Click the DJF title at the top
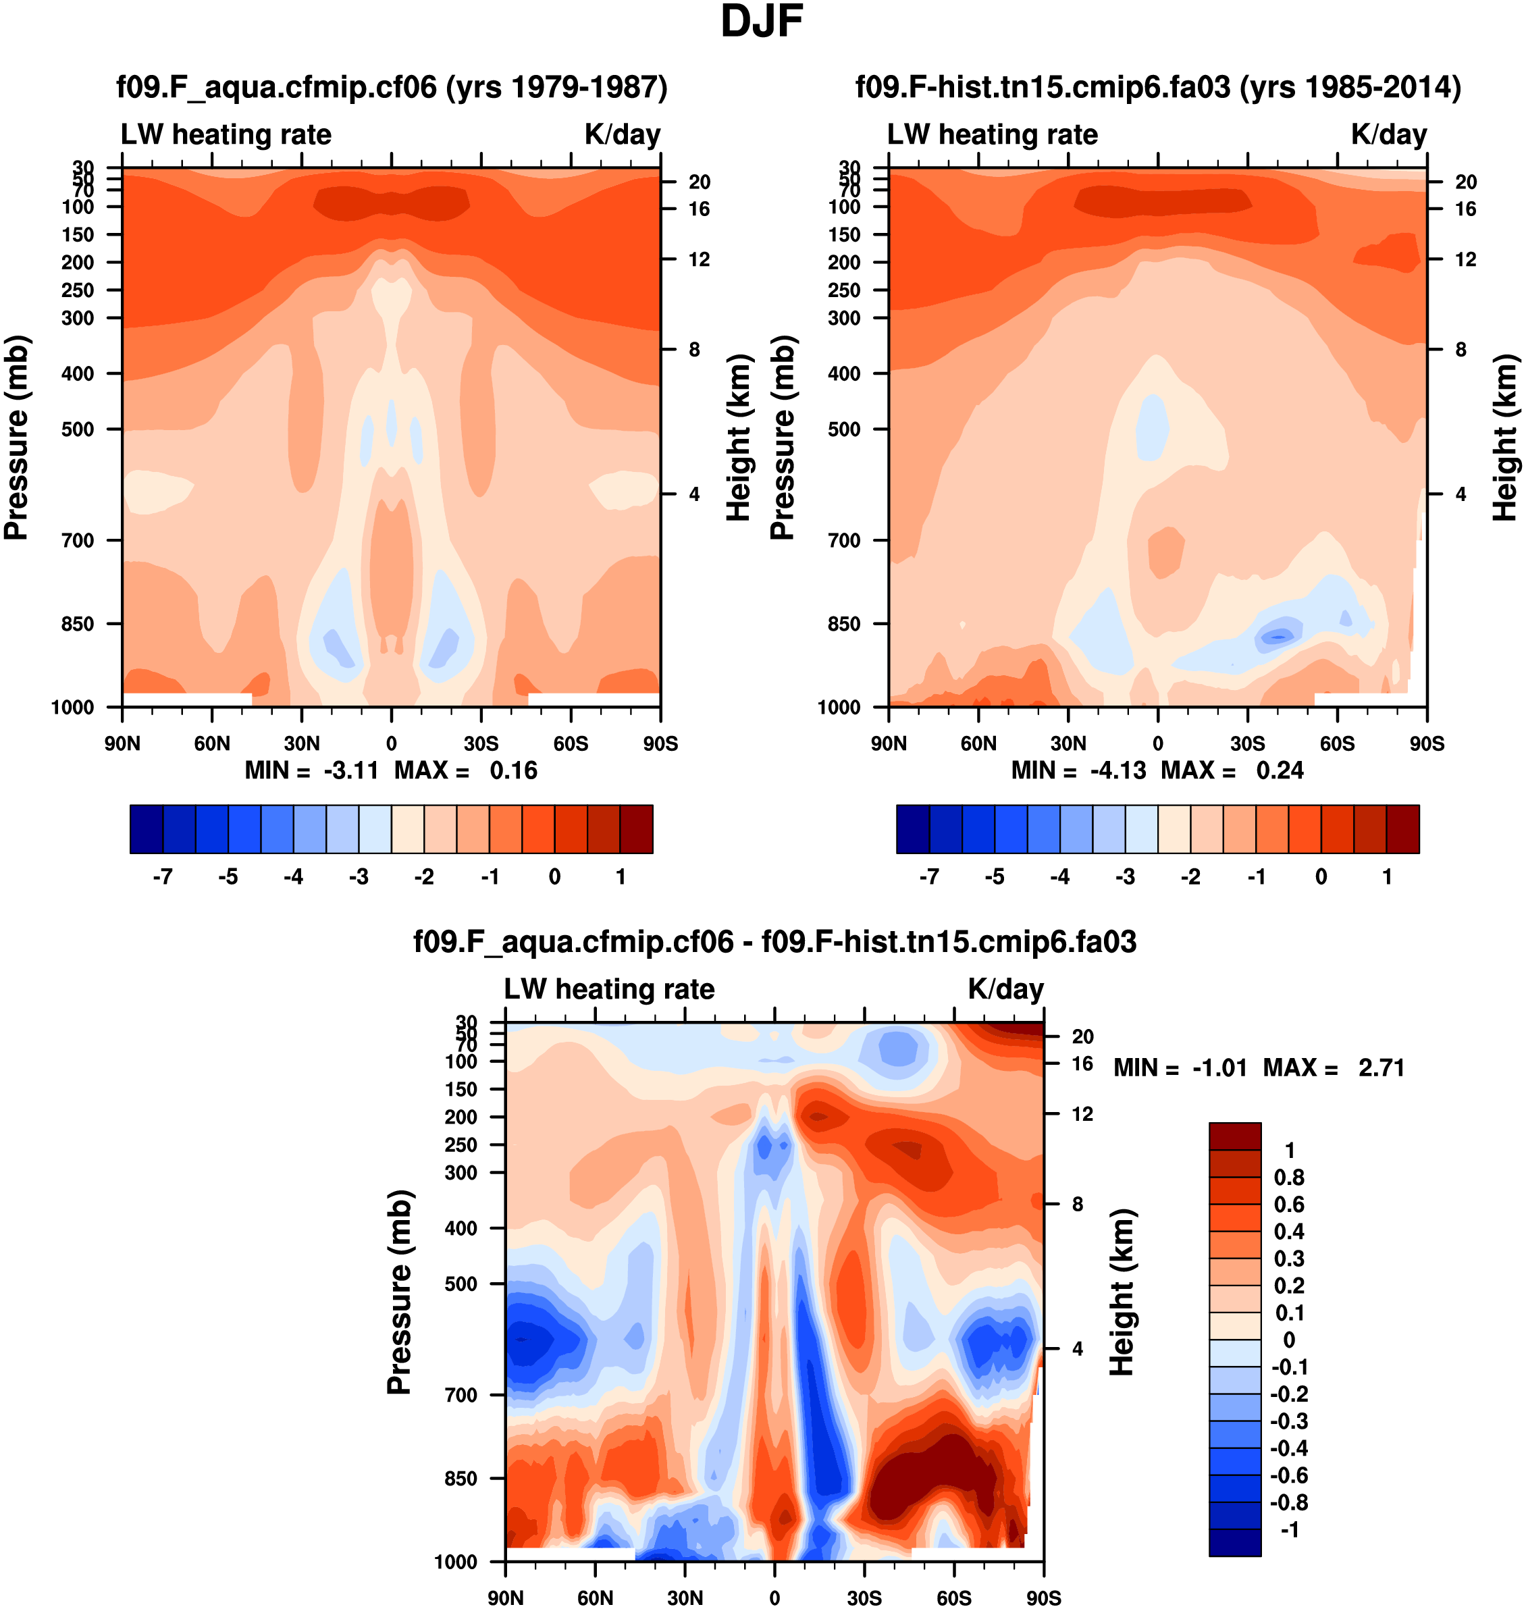(762, 22)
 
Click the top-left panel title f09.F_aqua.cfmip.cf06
(391, 86)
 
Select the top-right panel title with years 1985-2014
(1157, 86)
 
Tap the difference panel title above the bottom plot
(774, 941)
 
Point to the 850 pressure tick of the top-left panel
(78, 624)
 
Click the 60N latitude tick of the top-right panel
(978, 743)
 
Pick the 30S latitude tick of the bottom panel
(864, 1598)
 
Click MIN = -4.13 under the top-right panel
(1078, 770)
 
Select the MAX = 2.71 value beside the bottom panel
(1334, 1067)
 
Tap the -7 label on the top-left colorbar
(162, 877)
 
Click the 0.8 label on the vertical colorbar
(1289, 1177)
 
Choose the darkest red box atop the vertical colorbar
(1235, 1136)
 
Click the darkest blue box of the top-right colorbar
(913, 829)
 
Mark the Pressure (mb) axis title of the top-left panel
(16, 437)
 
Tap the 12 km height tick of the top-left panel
(699, 259)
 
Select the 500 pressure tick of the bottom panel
(461, 1284)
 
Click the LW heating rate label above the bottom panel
(609, 988)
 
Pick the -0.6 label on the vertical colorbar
(1289, 1475)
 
